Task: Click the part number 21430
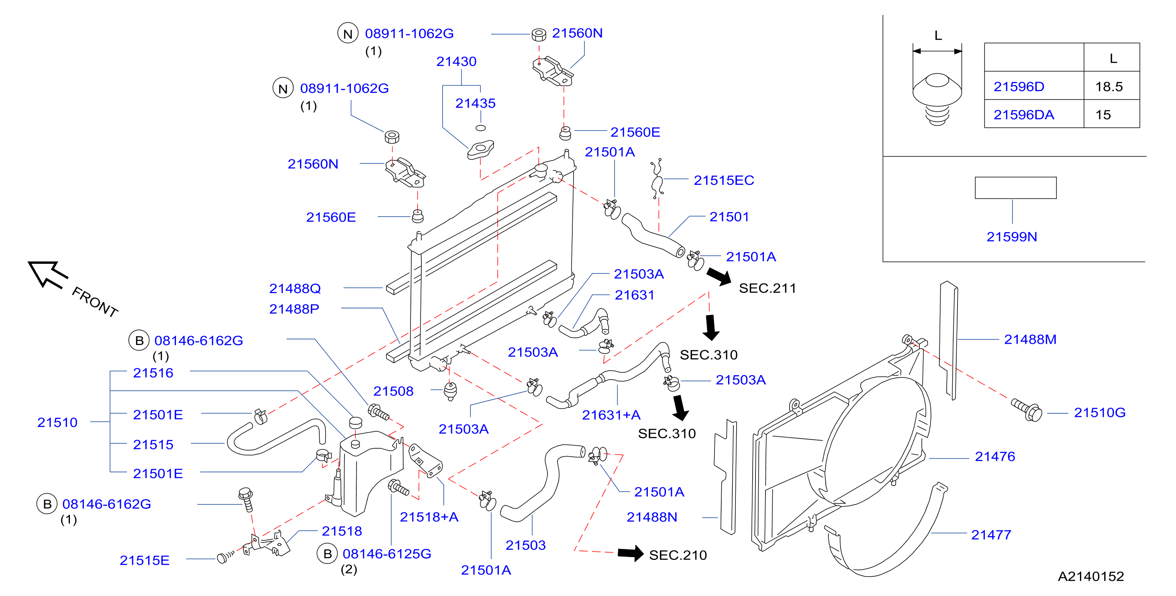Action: pos(456,61)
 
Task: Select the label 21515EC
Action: pos(724,180)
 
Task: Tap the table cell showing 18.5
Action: pos(1109,87)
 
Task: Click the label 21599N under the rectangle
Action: pos(1012,237)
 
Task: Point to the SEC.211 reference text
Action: pos(768,288)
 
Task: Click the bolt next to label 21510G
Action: pos(1027,410)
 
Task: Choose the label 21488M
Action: pos(1030,339)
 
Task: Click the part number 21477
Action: pos(991,535)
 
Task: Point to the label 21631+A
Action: pos(611,415)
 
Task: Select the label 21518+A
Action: pos(429,517)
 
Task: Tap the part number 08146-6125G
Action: pos(387,554)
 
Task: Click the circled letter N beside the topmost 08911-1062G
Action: pos(348,33)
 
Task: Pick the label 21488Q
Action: pos(295,288)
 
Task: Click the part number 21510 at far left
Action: pos(57,423)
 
